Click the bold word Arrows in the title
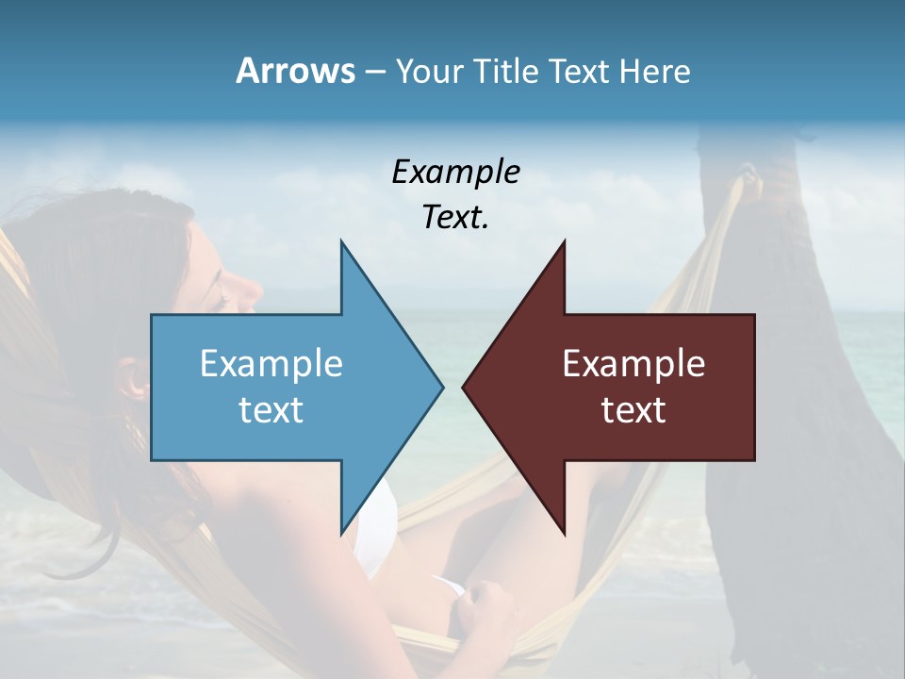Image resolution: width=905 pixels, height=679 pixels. [x=295, y=71]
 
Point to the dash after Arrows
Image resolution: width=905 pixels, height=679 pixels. [x=374, y=72]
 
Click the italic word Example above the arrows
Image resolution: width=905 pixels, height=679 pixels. [x=455, y=173]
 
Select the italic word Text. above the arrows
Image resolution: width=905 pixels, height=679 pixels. [x=455, y=218]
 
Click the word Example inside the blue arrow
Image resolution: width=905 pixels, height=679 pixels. [x=271, y=363]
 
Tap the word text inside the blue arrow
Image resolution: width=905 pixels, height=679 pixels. [x=271, y=409]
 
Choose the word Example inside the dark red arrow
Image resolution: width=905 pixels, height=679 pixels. [x=633, y=363]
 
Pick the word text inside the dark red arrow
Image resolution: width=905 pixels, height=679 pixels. [x=633, y=409]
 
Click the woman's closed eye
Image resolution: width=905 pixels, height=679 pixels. [x=222, y=301]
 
